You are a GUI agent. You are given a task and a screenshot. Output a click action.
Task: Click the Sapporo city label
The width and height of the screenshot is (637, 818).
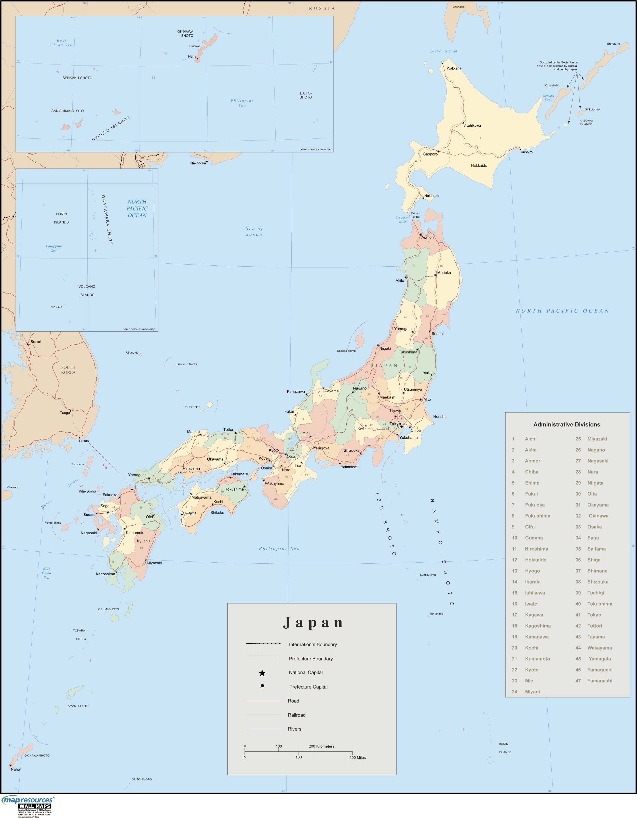tap(430, 154)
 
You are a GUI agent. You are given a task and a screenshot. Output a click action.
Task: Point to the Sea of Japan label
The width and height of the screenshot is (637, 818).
tap(254, 231)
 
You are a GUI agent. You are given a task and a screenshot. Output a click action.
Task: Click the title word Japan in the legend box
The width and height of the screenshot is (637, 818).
tap(313, 622)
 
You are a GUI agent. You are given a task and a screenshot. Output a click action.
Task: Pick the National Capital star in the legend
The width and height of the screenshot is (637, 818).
tap(262, 673)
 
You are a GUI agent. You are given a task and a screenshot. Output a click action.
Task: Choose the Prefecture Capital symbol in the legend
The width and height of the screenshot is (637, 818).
tap(262, 686)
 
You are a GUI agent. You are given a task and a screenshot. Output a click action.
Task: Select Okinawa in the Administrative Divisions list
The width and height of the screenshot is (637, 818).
tap(598, 516)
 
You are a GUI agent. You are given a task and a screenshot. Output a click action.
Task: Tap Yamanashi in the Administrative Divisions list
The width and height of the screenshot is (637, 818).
tap(600, 681)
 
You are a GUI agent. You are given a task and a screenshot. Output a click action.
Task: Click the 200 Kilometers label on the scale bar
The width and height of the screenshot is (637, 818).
tap(321, 746)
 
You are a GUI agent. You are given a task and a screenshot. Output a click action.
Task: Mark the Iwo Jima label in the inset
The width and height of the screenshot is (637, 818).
tap(57, 307)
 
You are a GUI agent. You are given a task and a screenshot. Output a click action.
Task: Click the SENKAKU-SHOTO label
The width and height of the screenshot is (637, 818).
tap(77, 78)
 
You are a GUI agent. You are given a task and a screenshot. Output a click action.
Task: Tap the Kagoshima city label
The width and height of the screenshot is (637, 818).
tap(105, 574)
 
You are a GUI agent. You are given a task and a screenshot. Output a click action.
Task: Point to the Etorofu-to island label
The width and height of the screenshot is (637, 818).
tap(613, 44)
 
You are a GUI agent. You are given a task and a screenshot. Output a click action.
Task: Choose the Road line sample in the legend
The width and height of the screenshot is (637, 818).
tap(263, 701)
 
